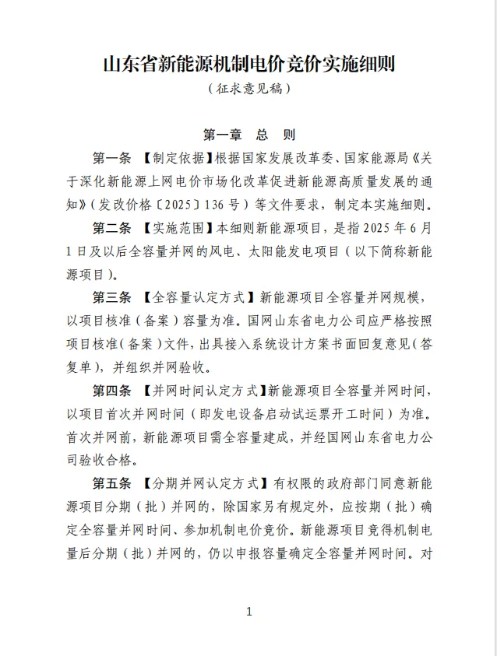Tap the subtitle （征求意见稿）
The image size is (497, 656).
(x=248, y=89)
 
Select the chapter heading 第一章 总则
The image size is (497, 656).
(x=248, y=134)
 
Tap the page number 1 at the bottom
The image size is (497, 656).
(x=248, y=612)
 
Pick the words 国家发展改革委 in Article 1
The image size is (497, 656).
(x=290, y=159)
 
